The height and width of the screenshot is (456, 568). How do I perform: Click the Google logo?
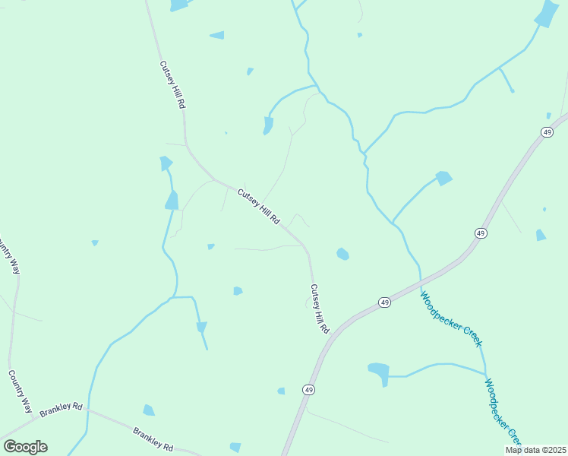point(25,447)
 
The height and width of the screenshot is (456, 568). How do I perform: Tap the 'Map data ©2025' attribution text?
point(535,450)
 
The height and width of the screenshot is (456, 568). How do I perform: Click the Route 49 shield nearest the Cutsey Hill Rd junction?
point(385,302)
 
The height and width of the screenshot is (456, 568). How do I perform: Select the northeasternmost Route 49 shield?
point(547,132)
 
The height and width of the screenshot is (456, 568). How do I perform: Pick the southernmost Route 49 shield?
point(308,390)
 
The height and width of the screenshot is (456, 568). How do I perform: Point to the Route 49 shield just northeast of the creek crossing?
point(480,233)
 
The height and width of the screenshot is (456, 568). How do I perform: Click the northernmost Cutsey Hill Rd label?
point(172,85)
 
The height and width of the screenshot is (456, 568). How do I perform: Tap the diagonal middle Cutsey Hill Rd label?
point(259,206)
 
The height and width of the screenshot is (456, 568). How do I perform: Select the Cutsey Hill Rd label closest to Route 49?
point(319,309)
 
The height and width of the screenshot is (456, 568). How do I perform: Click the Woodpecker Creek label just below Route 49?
point(451,319)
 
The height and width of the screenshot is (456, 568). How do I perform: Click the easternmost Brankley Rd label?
point(153,439)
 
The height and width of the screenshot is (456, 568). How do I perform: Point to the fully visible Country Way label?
point(20,391)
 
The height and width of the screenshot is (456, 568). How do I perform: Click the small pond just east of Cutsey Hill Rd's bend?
point(342,253)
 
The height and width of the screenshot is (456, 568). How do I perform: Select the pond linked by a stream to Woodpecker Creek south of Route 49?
point(378,371)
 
